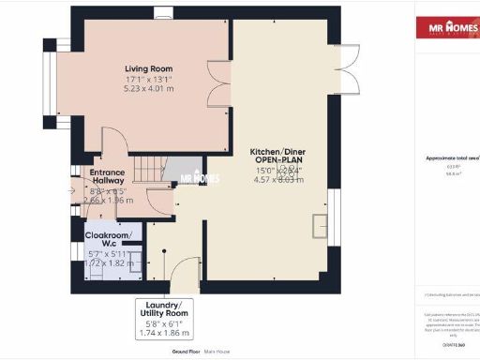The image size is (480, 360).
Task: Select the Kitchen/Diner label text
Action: pos(278,151)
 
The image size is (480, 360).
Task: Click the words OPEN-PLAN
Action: pos(278,160)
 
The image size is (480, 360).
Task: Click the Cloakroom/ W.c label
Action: pos(109,238)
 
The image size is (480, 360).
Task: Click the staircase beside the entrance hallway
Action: pos(146,171)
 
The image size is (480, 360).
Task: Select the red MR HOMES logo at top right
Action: pos(446,28)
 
